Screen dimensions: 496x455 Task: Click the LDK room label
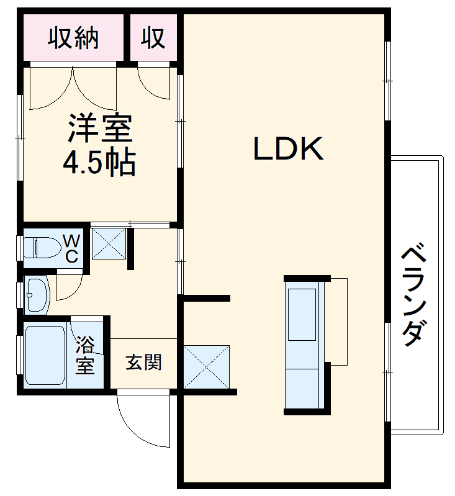(x=288, y=149)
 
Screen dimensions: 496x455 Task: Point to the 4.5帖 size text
(x=99, y=163)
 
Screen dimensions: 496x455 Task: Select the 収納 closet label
(x=74, y=38)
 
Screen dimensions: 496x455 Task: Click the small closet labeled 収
(x=153, y=38)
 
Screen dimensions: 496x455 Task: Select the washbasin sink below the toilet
(x=37, y=294)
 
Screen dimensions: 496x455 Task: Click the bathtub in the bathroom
(x=44, y=355)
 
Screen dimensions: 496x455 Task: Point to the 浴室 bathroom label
(x=85, y=354)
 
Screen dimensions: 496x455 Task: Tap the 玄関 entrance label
(x=143, y=362)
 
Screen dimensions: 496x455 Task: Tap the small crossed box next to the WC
(x=109, y=243)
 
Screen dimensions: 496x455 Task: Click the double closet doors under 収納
(x=73, y=87)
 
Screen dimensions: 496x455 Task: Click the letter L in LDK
(x=261, y=149)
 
